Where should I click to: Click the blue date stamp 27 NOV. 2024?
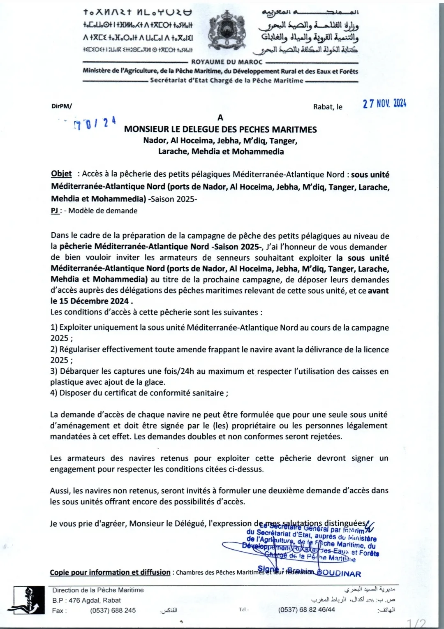click(384, 104)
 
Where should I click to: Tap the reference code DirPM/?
click(62, 106)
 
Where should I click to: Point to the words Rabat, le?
click(328, 107)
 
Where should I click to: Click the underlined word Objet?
click(61, 174)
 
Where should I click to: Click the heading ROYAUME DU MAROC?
click(227, 62)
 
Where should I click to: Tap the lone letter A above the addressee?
click(220, 118)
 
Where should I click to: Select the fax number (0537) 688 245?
click(113, 610)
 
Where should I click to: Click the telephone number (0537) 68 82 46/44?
click(306, 610)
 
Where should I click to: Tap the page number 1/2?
click(416, 623)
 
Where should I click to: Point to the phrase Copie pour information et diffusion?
click(110, 572)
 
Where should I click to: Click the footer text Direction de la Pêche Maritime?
click(98, 590)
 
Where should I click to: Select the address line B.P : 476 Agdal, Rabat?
click(86, 600)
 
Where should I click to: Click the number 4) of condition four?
click(54, 393)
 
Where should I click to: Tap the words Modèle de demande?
click(103, 211)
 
